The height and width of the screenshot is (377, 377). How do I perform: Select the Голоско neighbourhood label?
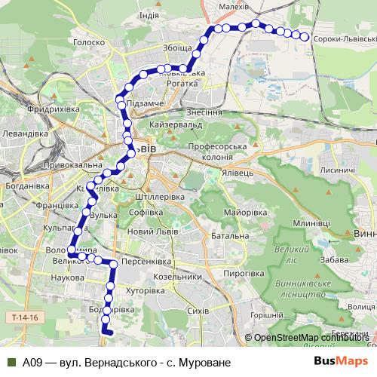pyautogui.click(x=89, y=43)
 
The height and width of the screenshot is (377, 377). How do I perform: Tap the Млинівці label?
pyautogui.click(x=312, y=223)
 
